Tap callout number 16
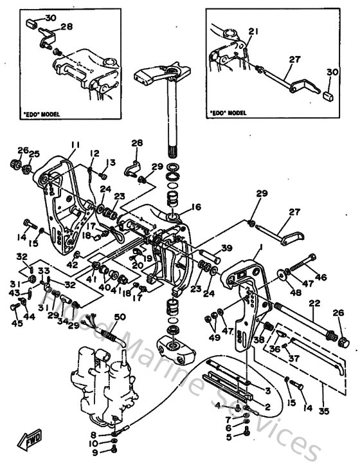[x=196, y=207]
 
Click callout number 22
[x=314, y=302]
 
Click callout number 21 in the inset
[x=253, y=32]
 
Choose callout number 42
[x=73, y=264]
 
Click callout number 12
[x=94, y=153]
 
